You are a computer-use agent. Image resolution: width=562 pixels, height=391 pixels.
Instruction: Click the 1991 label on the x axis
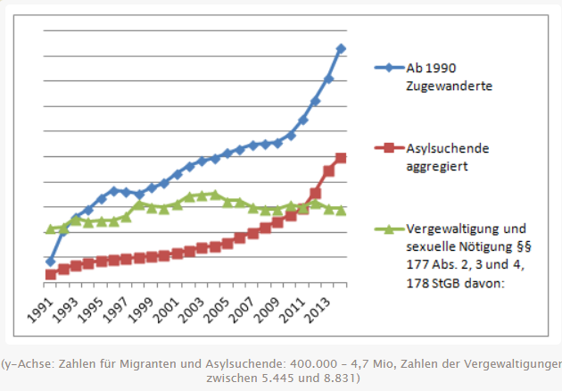(x=40, y=304)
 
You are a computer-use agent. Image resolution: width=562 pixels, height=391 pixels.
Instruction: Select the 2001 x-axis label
(x=167, y=304)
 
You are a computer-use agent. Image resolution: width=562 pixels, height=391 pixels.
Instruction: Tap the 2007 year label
(x=243, y=304)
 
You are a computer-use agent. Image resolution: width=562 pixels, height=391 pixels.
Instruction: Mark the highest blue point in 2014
(x=342, y=48)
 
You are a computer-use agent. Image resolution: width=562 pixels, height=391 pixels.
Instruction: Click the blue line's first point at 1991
(x=51, y=262)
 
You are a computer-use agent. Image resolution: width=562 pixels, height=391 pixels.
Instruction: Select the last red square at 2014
(x=342, y=158)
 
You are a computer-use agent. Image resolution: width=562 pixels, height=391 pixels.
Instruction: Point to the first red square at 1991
(x=51, y=274)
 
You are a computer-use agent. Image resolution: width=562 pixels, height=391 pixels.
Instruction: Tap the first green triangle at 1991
(x=51, y=229)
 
